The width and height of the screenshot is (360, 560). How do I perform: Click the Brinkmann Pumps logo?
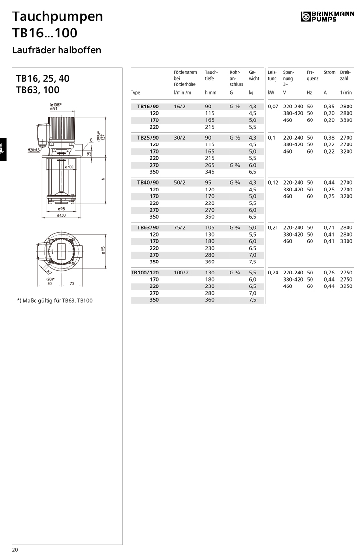(x=327, y=16)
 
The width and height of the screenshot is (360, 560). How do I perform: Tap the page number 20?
(x=15, y=550)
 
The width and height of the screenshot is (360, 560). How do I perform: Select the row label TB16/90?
(x=148, y=107)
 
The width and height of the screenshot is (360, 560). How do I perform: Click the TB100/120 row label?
(x=145, y=273)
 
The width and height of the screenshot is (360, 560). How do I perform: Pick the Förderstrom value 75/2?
(x=180, y=227)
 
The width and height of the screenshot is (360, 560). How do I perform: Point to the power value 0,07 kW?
(x=273, y=107)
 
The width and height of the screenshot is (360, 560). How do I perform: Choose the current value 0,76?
(x=329, y=273)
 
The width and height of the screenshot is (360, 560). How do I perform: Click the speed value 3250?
(x=346, y=286)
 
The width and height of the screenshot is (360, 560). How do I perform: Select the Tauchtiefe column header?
(x=211, y=75)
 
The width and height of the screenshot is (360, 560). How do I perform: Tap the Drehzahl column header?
(x=345, y=75)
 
